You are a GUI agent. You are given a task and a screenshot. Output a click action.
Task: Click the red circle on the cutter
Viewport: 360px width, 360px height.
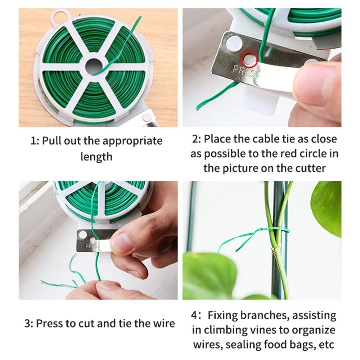249,59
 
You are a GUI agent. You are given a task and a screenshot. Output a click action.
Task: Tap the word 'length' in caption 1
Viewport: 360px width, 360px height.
96,157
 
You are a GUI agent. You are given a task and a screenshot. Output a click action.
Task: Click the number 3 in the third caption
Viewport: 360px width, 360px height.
28,323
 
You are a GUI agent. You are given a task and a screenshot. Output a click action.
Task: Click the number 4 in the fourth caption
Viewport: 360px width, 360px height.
195,315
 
